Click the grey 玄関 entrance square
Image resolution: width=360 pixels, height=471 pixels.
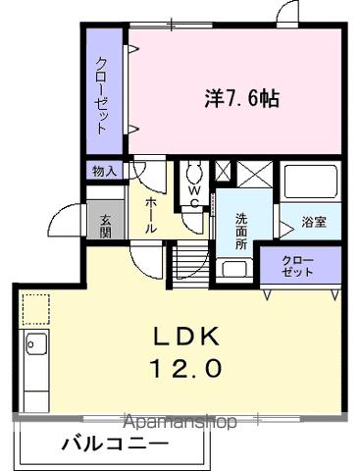pos(100,220)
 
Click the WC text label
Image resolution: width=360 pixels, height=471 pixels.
pos(193,197)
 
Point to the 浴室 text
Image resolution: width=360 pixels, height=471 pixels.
pos(315,222)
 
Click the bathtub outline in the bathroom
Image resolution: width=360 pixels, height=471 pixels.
pos(310,183)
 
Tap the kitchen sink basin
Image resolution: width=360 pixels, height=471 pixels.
pos(36,345)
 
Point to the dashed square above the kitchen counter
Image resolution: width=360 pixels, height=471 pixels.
pos(35,309)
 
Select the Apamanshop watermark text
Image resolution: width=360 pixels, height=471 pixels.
pos(180,422)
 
